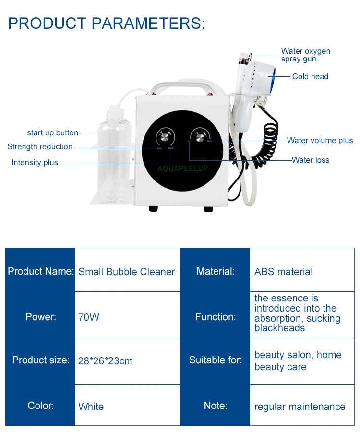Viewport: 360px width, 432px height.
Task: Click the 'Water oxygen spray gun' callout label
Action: coord(305,55)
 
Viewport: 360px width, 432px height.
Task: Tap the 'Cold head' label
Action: coord(310,76)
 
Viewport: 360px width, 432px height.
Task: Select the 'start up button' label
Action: coord(52,133)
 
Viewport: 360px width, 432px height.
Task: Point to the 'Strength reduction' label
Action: coord(40,147)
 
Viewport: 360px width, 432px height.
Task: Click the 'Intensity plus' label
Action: coord(35,163)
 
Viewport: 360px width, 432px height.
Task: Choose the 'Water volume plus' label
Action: coord(320,141)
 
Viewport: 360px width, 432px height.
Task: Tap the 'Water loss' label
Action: coord(311,160)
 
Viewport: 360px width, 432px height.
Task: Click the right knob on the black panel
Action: coord(199,136)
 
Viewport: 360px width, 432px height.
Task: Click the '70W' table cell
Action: coord(88,317)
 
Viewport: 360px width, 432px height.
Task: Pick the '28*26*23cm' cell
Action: coord(105,361)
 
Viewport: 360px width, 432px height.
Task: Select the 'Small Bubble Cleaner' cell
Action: coord(127,272)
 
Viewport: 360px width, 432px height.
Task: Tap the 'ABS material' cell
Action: coord(283,272)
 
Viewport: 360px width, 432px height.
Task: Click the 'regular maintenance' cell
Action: coord(300,407)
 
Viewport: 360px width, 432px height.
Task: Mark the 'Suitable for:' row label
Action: coord(215,360)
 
